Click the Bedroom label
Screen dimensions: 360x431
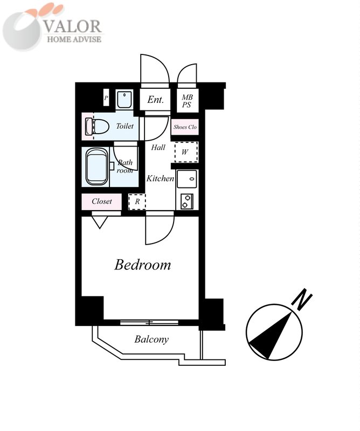142,265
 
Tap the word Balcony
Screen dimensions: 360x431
151,339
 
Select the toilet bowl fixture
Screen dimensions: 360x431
96,126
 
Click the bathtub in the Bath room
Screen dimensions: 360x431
96,166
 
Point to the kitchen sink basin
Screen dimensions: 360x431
187,179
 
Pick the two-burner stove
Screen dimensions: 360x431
187,201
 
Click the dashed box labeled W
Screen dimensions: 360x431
186,152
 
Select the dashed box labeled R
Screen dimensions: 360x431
137,201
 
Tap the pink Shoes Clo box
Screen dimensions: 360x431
185,127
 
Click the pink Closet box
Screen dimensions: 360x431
101,201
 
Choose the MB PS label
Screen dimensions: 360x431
187,101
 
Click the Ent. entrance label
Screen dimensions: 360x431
155,100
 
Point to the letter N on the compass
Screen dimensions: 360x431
302,299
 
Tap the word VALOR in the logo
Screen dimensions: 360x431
73,26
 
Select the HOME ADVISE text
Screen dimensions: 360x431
74,39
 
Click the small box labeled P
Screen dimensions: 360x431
106,98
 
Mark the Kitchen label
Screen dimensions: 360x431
160,178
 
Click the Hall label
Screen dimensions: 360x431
158,148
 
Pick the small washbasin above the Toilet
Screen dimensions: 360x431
124,99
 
